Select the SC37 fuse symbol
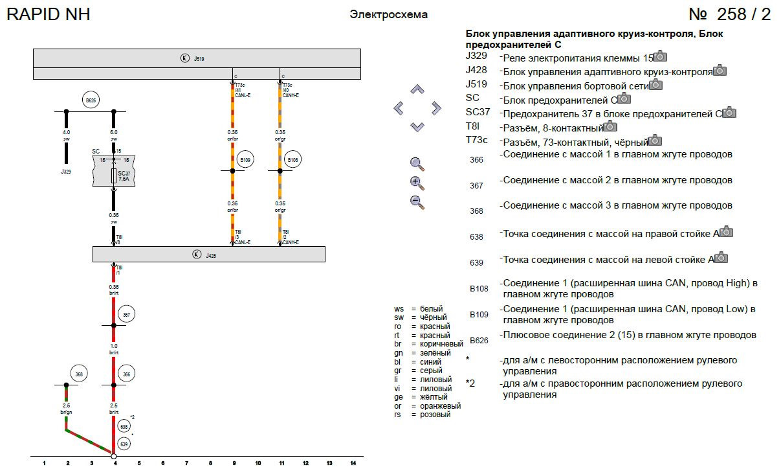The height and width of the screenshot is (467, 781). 115,176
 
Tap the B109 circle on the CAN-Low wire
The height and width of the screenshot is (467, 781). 245,159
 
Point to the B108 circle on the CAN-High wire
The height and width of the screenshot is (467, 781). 292,159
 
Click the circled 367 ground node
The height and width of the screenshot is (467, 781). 127,315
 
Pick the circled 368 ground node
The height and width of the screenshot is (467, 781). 79,374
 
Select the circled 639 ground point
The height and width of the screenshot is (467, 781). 124,444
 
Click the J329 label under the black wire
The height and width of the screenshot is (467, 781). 66,172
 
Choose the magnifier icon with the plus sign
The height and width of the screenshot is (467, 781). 417,183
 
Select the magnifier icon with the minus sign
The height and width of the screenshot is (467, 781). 417,201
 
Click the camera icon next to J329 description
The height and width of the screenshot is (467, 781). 660,56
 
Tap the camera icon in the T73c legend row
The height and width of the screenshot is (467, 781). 655,140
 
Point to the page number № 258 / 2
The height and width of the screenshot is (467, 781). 729,14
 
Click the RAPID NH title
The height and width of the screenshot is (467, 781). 48,14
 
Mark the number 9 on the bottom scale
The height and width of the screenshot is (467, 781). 234,463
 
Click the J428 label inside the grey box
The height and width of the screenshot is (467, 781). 211,256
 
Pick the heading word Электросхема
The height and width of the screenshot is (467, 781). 388,14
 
